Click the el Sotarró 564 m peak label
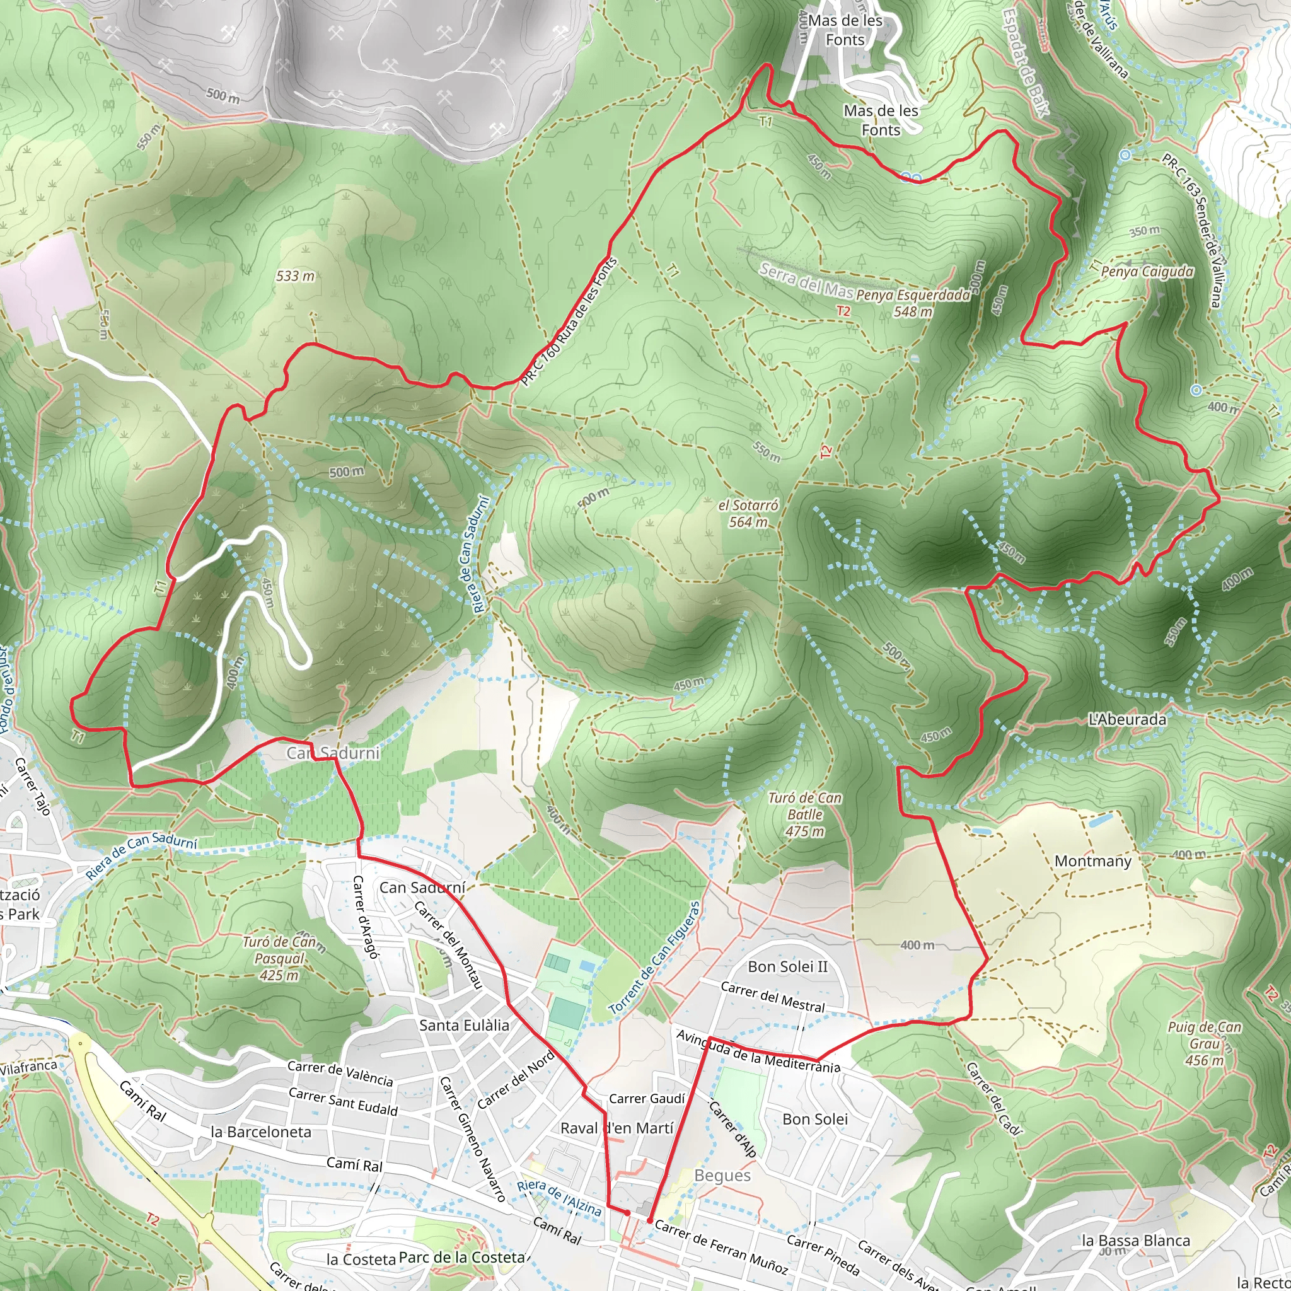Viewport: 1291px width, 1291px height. [748, 513]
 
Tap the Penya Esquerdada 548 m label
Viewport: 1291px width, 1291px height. [913, 303]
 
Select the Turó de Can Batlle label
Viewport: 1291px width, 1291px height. [804, 814]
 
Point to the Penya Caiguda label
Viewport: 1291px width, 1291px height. [1147, 271]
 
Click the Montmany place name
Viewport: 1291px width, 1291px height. [1092, 860]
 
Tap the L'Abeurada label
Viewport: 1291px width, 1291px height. [1127, 720]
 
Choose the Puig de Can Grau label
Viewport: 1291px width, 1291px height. [1204, 1043]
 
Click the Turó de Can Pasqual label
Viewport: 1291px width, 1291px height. [279, 958]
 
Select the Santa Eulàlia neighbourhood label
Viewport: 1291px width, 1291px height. [464, 1025]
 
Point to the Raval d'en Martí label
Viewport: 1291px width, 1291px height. [617, 1128]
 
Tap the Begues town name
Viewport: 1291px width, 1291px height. [722, 1175]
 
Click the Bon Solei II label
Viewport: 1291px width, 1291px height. [787, 966]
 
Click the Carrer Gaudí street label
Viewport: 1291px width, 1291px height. [646, 1099]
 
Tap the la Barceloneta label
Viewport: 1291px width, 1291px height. [260, 1132]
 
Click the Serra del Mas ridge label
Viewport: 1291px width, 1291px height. [806, 280]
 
